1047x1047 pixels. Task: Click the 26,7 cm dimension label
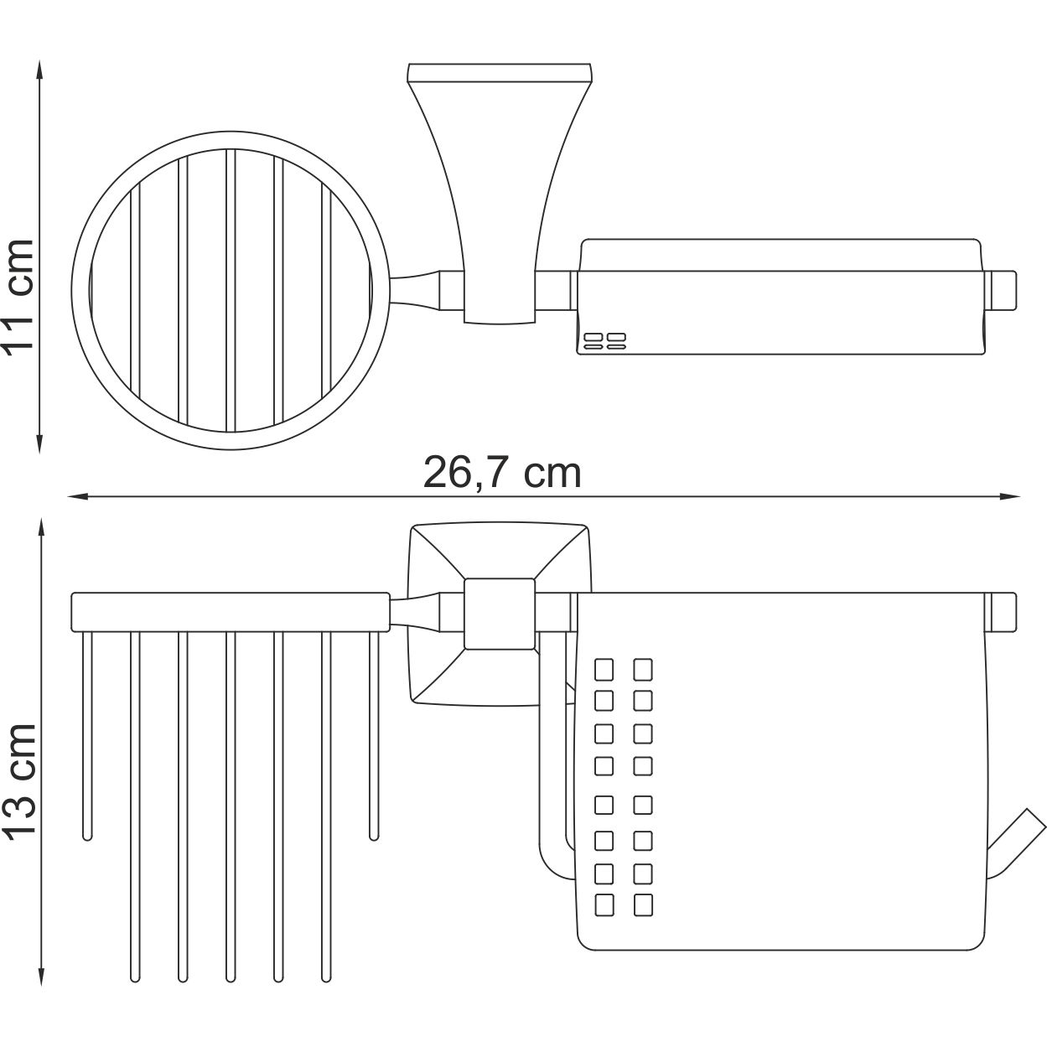[501, 473]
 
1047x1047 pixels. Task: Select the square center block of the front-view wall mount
[500, 614]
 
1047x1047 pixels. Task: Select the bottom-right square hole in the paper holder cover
[643, 904]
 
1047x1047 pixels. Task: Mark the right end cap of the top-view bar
[1003, 288]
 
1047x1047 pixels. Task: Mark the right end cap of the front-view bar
[1003, 611]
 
